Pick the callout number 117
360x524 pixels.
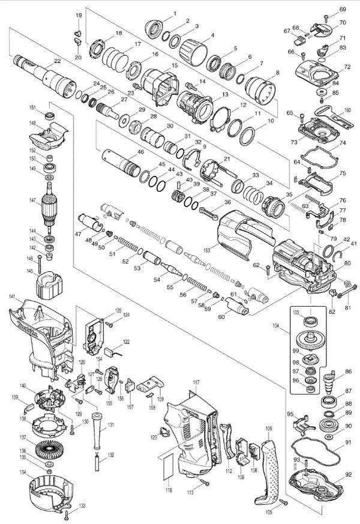196,382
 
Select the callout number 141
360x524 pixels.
11,297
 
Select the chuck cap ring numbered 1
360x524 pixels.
157,27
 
